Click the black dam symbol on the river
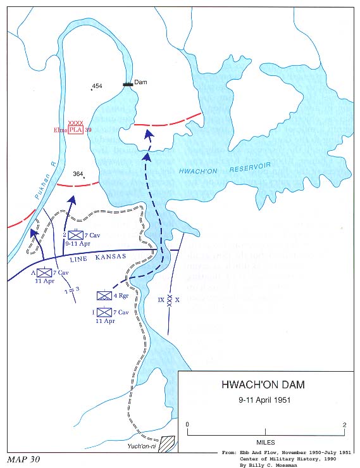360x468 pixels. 128,84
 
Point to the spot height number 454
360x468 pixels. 96,86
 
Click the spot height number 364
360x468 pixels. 78,174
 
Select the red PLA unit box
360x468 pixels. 75,130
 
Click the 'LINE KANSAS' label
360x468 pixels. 95,256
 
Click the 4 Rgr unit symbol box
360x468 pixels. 104,295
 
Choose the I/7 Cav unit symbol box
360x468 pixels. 104,312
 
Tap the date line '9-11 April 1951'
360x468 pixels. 266,400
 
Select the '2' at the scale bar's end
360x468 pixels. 344,424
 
